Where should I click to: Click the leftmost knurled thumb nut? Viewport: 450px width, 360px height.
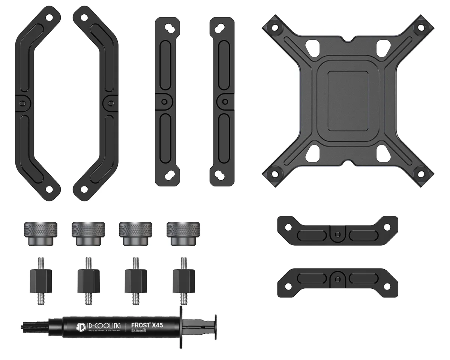coord(41,233)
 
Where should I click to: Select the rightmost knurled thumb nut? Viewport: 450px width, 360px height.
coord(183,233)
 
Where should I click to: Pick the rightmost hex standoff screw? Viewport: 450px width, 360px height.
coord(183,280)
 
